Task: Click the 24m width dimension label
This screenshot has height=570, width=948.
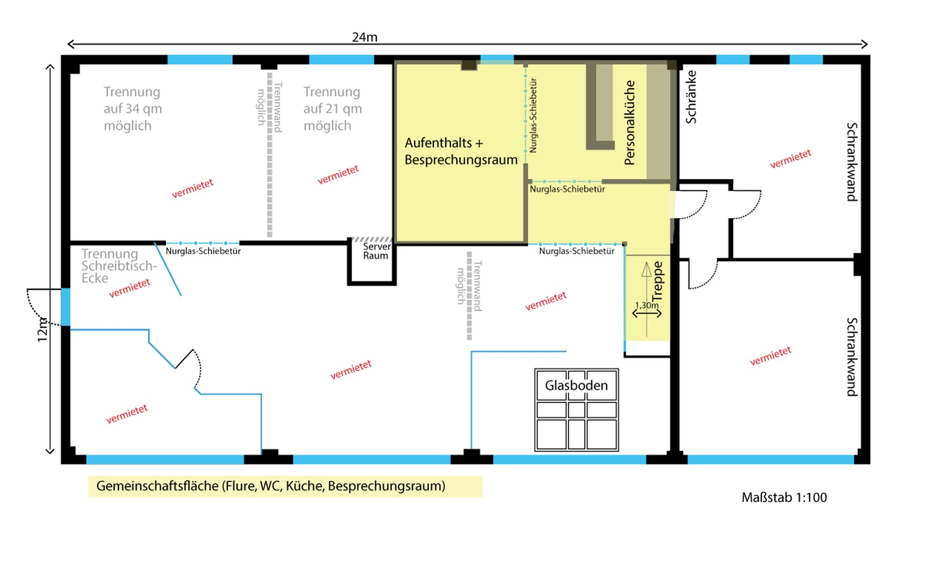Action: point(364,37)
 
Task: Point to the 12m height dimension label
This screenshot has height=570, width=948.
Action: point(43,330)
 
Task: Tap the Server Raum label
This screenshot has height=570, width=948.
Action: point(376,251)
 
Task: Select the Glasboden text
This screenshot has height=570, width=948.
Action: point(576,386)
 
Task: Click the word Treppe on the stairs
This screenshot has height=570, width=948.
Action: point(658,282)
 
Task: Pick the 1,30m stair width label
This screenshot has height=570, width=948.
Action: point(646,305)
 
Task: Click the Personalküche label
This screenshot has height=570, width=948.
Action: point(630,122)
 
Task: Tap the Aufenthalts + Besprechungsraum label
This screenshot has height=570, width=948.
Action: point(461,151)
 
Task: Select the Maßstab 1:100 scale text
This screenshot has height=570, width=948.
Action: point(784,498)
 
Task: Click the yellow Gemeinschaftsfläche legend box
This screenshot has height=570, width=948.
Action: point(285,487)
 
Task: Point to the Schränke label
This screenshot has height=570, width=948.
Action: point(691,97)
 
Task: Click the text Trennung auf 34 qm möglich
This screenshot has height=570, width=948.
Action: point(133,109)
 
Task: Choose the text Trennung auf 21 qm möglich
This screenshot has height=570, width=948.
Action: point(333,109)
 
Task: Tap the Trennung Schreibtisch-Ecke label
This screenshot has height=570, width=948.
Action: point(119,266)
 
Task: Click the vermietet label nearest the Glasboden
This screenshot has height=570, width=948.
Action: point(546,301)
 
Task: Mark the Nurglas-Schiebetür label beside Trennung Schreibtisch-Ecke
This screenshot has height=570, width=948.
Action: point(203,251)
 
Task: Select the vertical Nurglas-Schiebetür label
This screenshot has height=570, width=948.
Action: point(533,116)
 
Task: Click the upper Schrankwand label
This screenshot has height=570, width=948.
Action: point(851,162)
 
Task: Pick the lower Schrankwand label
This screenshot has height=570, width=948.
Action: point(851,357)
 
